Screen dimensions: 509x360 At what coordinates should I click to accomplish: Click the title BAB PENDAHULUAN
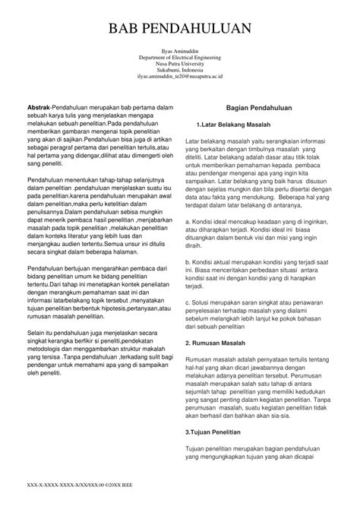180,30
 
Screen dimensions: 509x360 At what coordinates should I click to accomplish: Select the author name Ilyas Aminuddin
181,51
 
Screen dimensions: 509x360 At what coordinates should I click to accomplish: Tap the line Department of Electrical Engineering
181,58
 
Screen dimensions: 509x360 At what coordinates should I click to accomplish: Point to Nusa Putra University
181,65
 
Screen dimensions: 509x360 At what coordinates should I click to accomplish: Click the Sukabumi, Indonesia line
181,71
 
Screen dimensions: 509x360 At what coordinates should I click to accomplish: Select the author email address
181,77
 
